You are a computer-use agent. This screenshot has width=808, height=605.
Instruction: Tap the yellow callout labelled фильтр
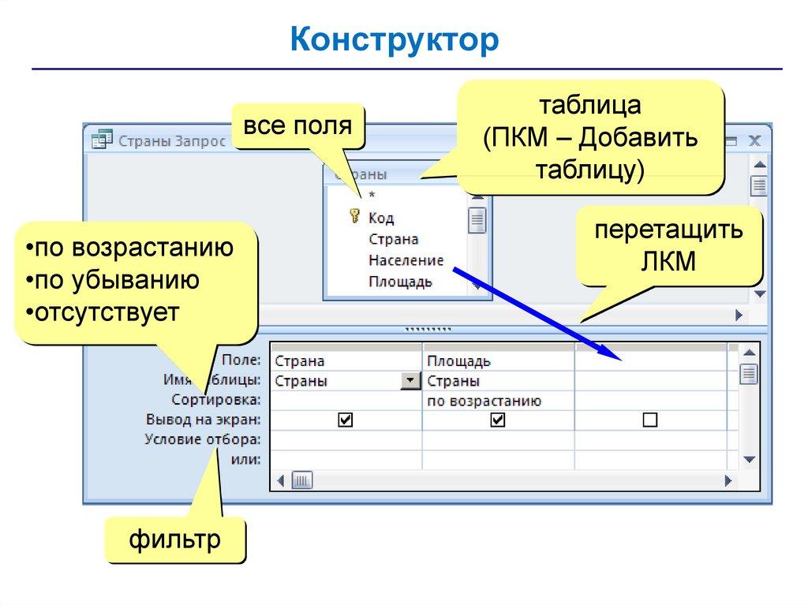point(175,541)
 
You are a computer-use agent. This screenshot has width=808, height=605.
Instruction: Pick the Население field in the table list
point(406,260)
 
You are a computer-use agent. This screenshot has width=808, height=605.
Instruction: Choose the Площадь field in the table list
point(399,282)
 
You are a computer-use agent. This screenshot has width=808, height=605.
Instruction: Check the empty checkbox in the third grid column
point(649,421)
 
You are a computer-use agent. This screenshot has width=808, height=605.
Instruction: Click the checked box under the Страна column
point(345,421)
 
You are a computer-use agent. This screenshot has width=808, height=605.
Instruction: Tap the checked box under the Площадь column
point(497,421)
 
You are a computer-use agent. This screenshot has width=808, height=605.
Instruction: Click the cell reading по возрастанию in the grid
point(484,401)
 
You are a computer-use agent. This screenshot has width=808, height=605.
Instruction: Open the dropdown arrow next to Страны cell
point(410,381)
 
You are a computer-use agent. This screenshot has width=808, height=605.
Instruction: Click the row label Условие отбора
point(203,439)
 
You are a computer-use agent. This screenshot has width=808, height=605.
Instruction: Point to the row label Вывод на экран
point(203,420)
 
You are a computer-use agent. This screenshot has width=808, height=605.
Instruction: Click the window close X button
point(754,141)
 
